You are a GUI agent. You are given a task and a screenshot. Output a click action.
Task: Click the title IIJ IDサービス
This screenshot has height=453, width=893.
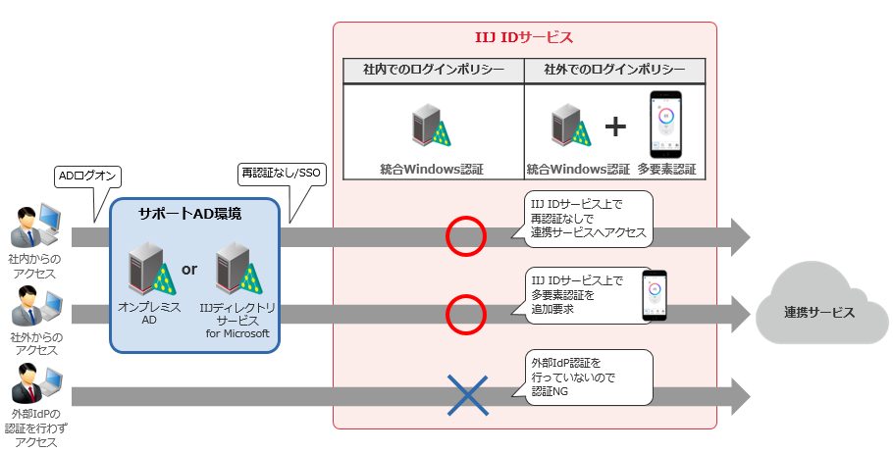[x=524, y=38]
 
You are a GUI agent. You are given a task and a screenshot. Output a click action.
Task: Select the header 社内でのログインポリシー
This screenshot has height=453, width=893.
[x=433, y=71]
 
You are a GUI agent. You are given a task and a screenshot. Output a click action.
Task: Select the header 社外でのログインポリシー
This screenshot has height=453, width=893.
[x=613, y=71]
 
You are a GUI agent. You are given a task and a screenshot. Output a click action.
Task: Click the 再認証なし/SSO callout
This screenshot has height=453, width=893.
[x=282, y=174]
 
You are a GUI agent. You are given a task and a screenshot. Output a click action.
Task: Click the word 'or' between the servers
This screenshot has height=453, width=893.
[x=190, y=270]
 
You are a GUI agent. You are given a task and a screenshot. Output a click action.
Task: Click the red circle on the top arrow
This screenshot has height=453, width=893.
[x=466, y=236]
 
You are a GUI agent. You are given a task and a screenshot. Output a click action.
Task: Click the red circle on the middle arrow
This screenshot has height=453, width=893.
[x=466, y=314]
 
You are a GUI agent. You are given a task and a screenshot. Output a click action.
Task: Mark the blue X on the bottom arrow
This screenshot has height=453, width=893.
[x=467, y=395]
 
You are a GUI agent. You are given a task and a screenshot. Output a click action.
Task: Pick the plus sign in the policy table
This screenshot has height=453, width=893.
[x=614, y=127]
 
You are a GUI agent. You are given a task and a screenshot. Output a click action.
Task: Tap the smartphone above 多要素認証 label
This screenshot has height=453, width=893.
[x=666, y=125]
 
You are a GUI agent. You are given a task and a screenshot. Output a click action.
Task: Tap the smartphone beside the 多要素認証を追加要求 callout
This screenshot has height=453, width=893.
[x=654, y=296]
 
